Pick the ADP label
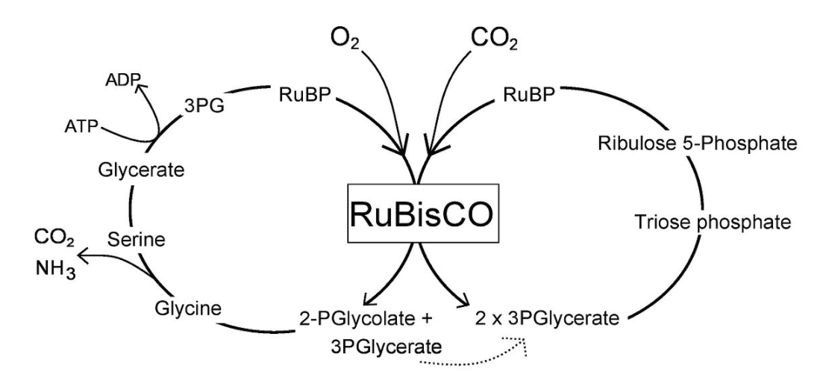click(120, 80)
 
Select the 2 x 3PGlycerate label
click(547, 320)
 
